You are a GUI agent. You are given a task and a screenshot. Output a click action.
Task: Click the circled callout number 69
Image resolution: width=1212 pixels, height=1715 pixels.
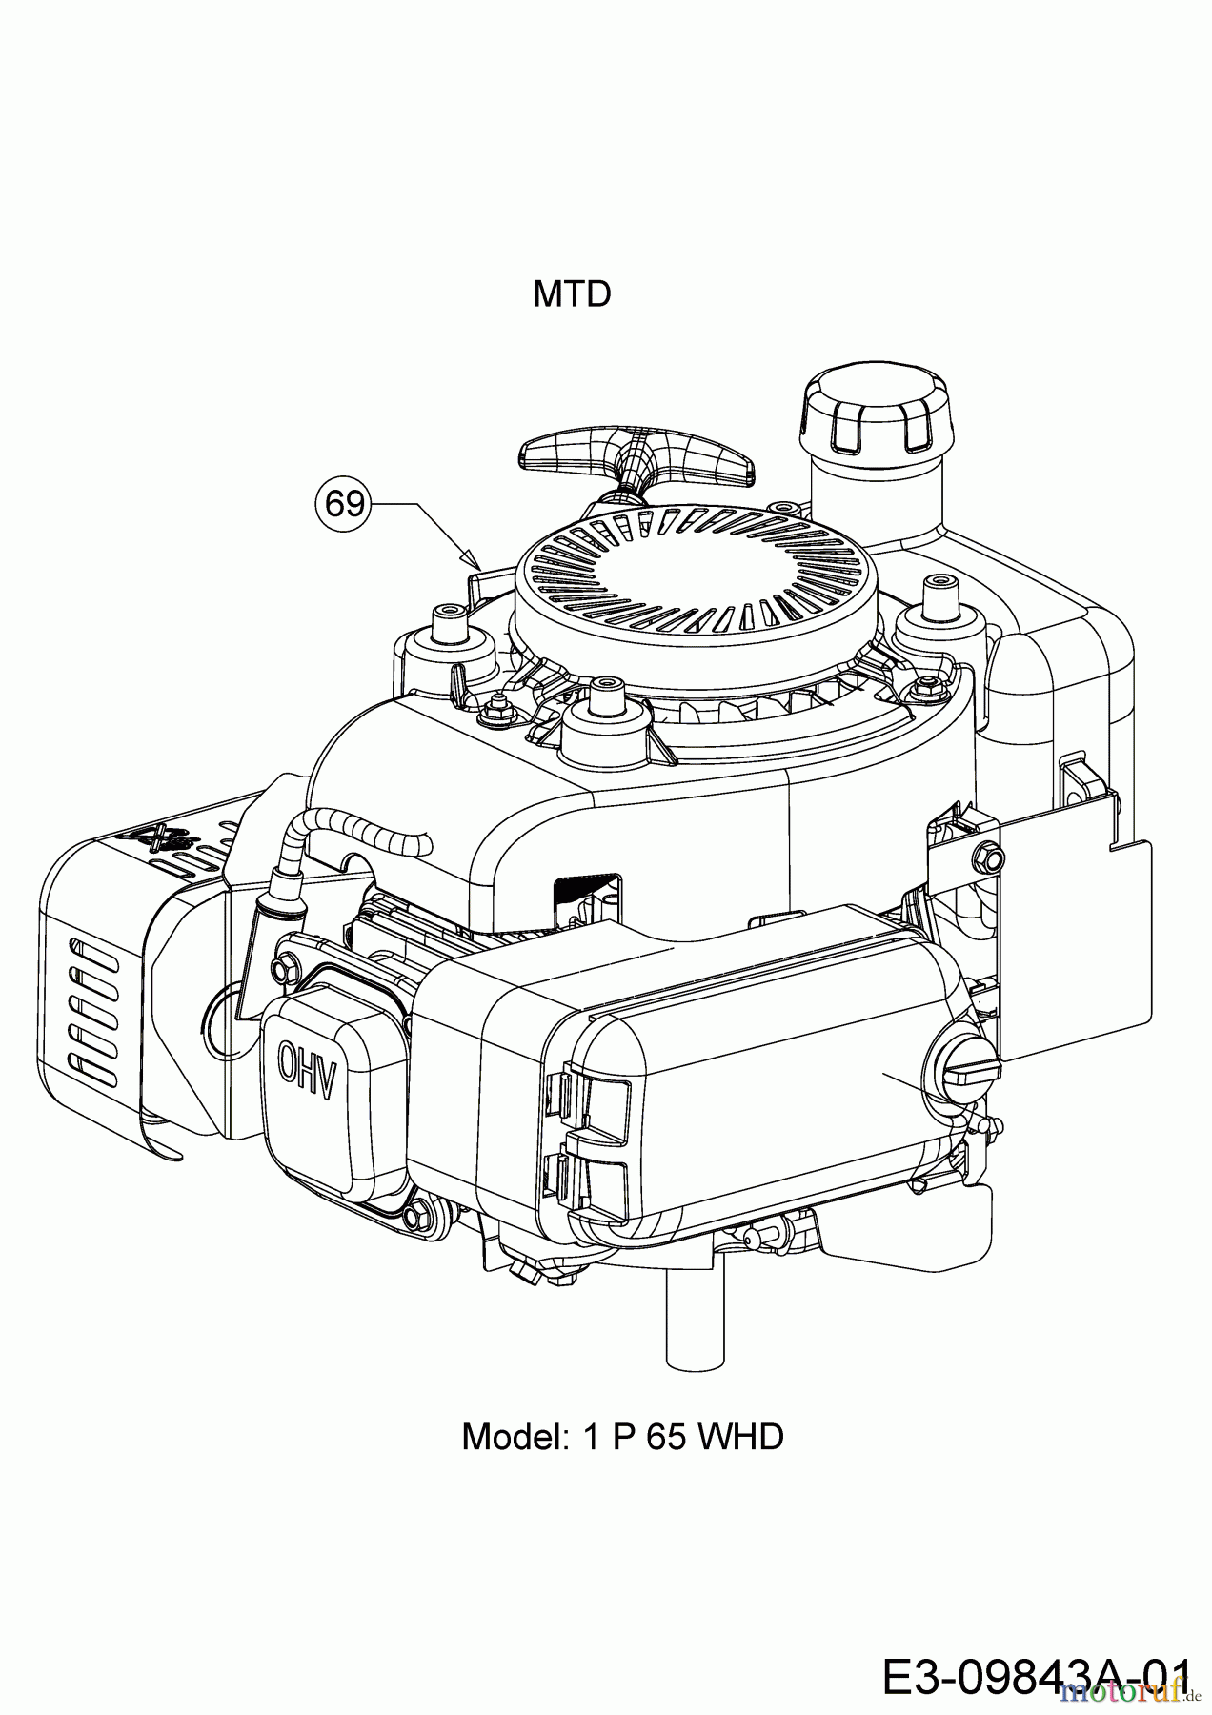(344, 502)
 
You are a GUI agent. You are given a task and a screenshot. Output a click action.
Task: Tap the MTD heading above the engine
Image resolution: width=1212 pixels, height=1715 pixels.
(572, 294)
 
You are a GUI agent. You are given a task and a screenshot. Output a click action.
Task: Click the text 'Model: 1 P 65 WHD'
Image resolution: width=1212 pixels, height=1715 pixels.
(622, 1436)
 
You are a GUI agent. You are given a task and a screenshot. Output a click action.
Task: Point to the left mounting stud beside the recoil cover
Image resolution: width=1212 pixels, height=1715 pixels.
(448, 626)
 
